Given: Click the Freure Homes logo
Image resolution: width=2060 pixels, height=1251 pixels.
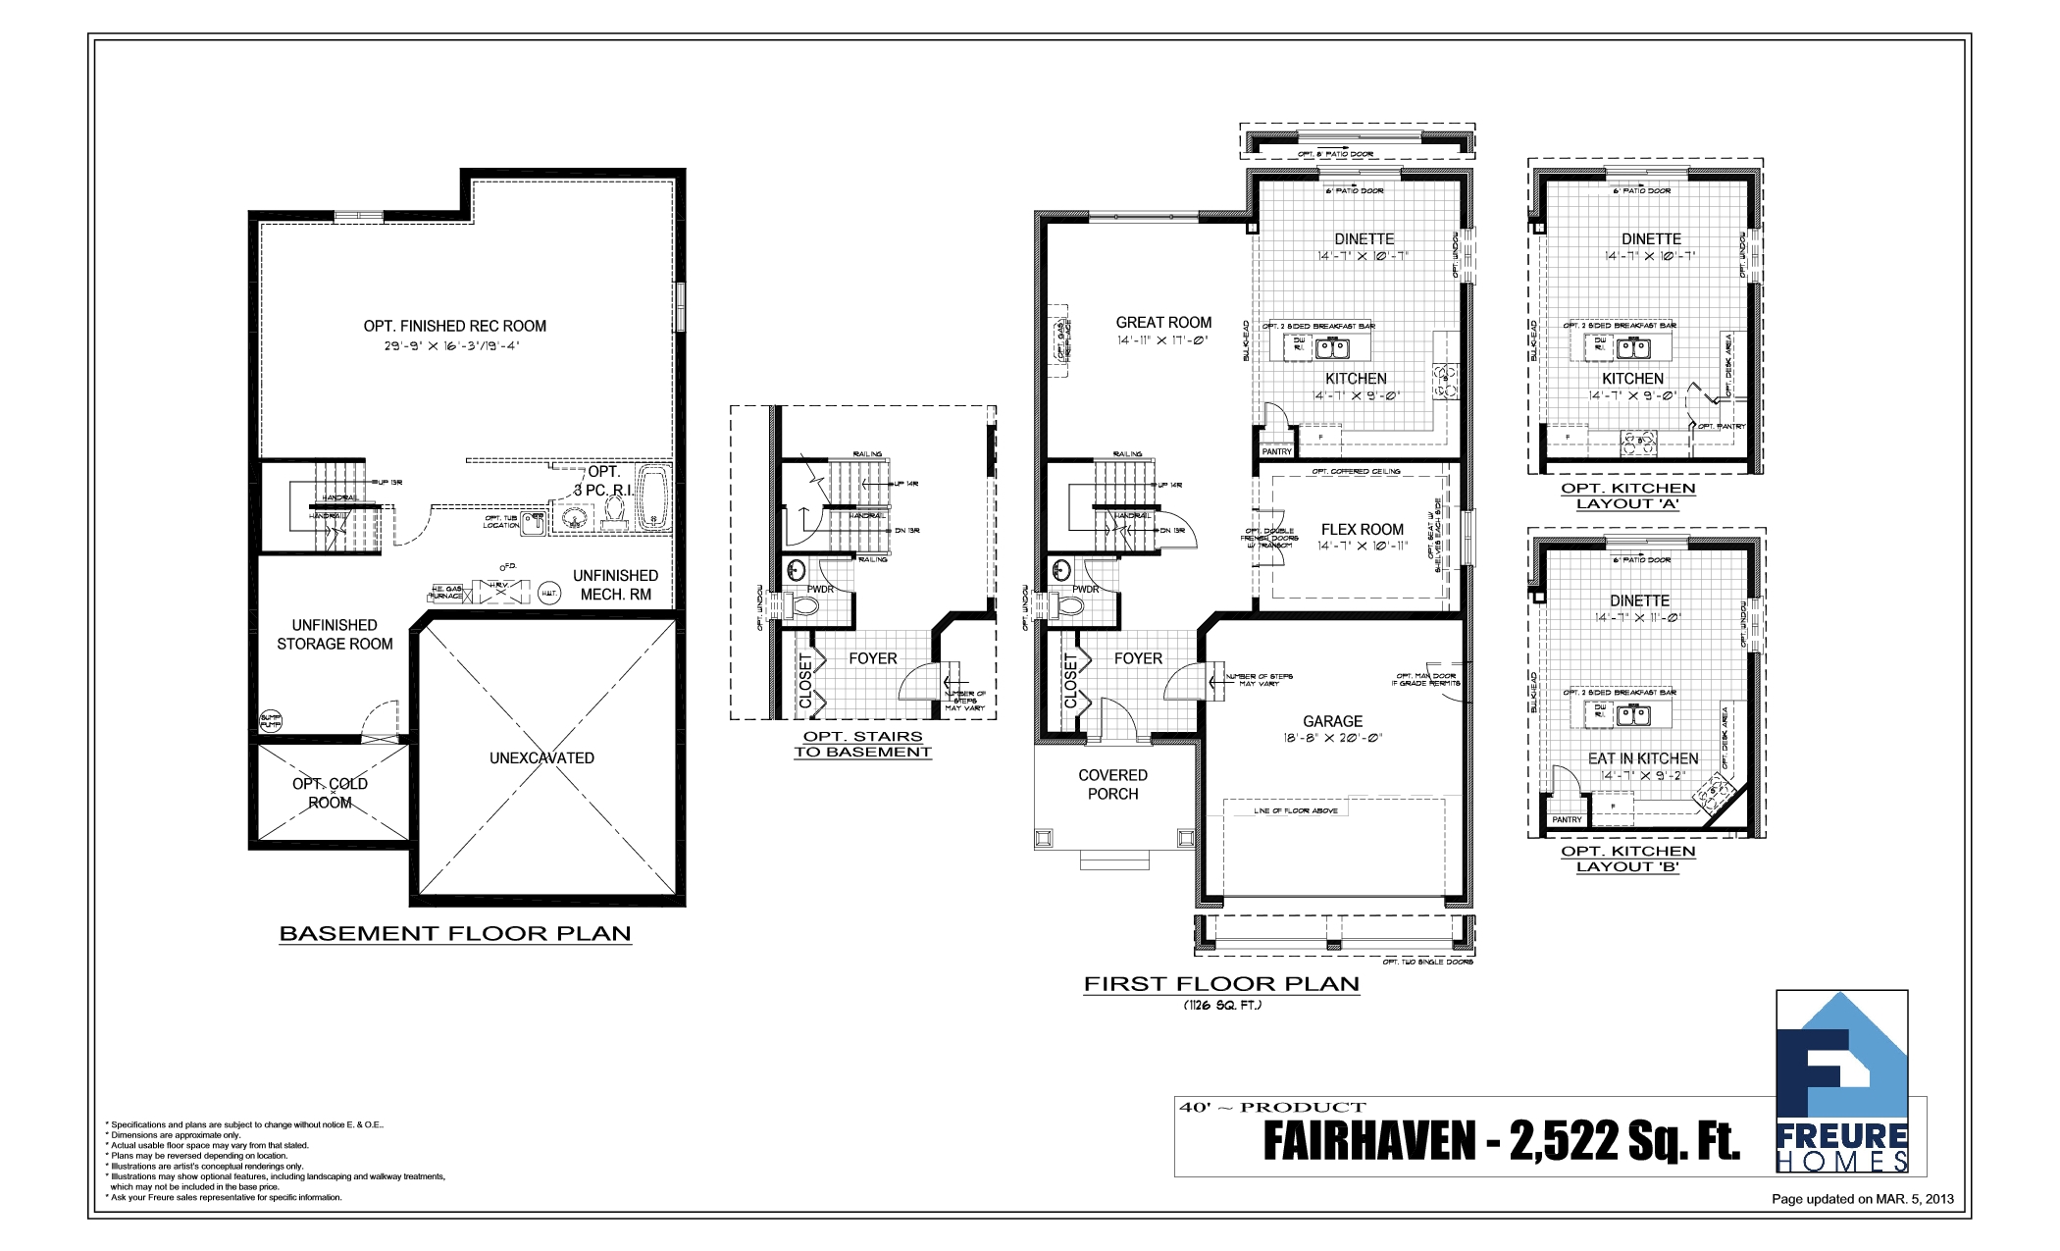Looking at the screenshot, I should (1841, 1082).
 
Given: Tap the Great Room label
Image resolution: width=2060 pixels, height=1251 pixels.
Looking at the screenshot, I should (1163, 323).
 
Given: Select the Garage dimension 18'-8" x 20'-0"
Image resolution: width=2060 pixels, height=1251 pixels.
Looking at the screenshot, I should (1332, 739).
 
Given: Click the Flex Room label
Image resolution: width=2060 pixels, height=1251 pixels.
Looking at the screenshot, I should (1362, 530).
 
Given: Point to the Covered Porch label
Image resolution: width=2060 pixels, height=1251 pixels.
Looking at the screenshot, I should (1112, 785).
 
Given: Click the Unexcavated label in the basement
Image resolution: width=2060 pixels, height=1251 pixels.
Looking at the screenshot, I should (541, 758).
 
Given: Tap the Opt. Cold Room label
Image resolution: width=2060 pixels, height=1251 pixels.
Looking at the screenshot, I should (330, 793).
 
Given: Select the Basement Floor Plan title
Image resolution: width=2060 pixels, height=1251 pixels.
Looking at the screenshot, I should (455, 934).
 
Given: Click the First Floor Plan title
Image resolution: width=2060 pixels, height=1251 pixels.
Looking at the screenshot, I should (1221, 984).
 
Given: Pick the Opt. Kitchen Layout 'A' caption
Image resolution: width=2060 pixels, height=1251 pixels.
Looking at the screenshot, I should (1627, 496).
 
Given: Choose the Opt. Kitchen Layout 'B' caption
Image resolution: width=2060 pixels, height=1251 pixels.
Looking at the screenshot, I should (1627, 860).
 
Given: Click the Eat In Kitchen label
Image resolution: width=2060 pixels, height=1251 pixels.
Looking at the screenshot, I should (1642, 759).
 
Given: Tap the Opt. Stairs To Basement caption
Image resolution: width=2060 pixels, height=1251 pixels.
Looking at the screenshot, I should (862, 745).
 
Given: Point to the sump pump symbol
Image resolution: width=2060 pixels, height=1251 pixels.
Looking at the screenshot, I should (271, 722).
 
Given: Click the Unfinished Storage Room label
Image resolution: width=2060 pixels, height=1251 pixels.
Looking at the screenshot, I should (335, 635).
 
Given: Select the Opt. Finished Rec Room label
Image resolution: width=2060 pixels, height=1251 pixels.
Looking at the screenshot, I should (454, 327).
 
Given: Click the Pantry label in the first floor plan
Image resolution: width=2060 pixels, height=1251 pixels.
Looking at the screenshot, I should (1276, 452).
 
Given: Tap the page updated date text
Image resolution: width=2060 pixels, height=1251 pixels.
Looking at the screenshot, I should (1862, 1199).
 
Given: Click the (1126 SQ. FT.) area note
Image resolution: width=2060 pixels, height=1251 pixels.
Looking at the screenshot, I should (1221, 1006).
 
